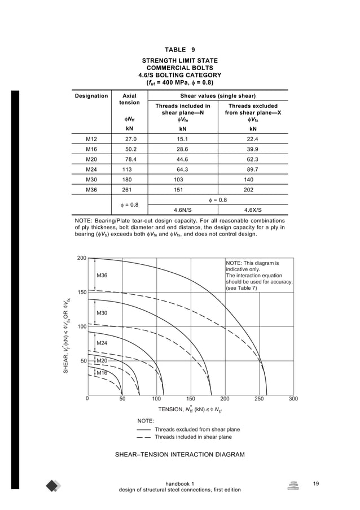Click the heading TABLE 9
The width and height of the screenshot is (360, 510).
coord(179,50)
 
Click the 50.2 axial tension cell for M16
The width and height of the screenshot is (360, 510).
coord(130,150)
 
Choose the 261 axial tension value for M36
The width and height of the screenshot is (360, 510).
coord(128,190)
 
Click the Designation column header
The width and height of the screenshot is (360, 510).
coord(91,96)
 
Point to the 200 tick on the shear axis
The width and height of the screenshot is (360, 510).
coord(82,258)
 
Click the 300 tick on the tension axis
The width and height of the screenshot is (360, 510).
coord(293,399)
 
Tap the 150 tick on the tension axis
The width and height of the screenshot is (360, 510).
coord(190,399)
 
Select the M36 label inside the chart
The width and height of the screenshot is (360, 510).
coord(102,276)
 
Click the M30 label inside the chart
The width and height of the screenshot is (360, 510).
coord(102,313)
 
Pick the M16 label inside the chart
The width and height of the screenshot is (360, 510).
coord(102,373)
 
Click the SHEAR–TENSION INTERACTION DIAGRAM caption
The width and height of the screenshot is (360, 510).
coord(179,454)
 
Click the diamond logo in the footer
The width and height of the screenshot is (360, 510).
coord(54,486)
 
